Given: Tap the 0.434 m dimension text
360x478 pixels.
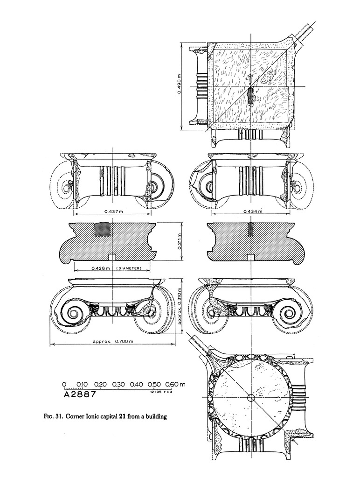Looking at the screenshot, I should (252, 212).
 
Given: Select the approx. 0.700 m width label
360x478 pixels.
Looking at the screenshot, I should (113, 342).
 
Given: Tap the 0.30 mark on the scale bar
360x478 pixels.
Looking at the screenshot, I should (118, 384).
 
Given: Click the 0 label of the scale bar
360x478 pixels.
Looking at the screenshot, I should (64, 384).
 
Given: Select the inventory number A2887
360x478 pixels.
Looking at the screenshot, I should (80, 394).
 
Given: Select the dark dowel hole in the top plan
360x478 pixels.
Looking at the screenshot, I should (250, 95).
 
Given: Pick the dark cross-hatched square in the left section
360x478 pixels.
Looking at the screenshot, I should (102, 230).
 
